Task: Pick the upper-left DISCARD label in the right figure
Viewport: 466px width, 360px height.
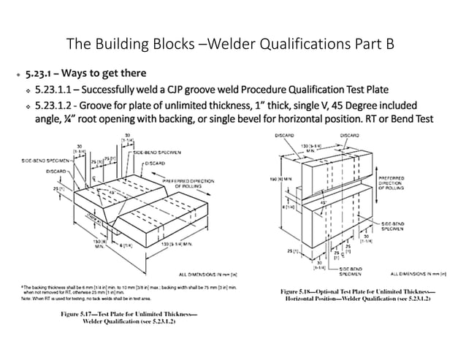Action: [284, 135]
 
